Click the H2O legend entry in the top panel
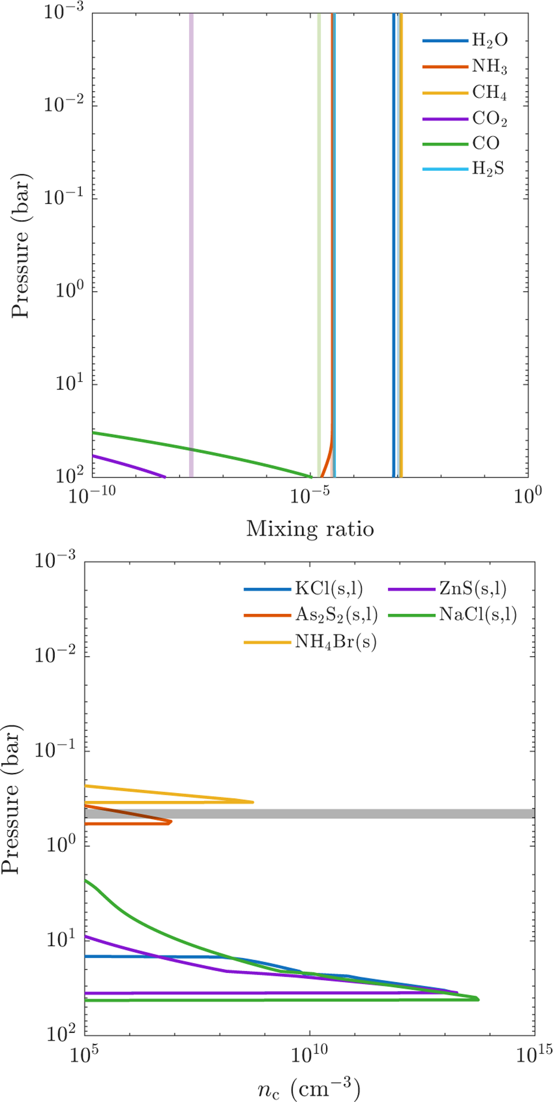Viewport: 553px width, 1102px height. (x=489, y=41)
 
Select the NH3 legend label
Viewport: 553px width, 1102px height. (x=489, y=67)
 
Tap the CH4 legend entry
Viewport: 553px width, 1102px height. (x=489, y=93)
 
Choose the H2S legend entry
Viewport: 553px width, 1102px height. (x=488, y=169)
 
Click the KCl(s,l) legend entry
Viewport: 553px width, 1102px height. (x=329, y=589)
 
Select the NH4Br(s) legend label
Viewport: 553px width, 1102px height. (x=335, y=641)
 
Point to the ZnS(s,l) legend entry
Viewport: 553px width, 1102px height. (x=473, y=589)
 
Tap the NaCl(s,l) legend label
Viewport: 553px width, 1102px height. (x=477, y=615)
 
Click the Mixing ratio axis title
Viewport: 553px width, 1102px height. (x=310, y=529)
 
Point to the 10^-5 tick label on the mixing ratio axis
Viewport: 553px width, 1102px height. (x=310, y=496)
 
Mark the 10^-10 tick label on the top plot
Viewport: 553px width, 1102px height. (x=92, y=496)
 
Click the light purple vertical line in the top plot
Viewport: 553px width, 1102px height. (x=191, y=230)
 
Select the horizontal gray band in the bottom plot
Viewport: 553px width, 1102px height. (x=309, y=814)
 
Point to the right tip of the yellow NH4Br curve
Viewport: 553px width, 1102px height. (x=253, y=802)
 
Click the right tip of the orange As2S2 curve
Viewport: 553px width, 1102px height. (x=171, y=822)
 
